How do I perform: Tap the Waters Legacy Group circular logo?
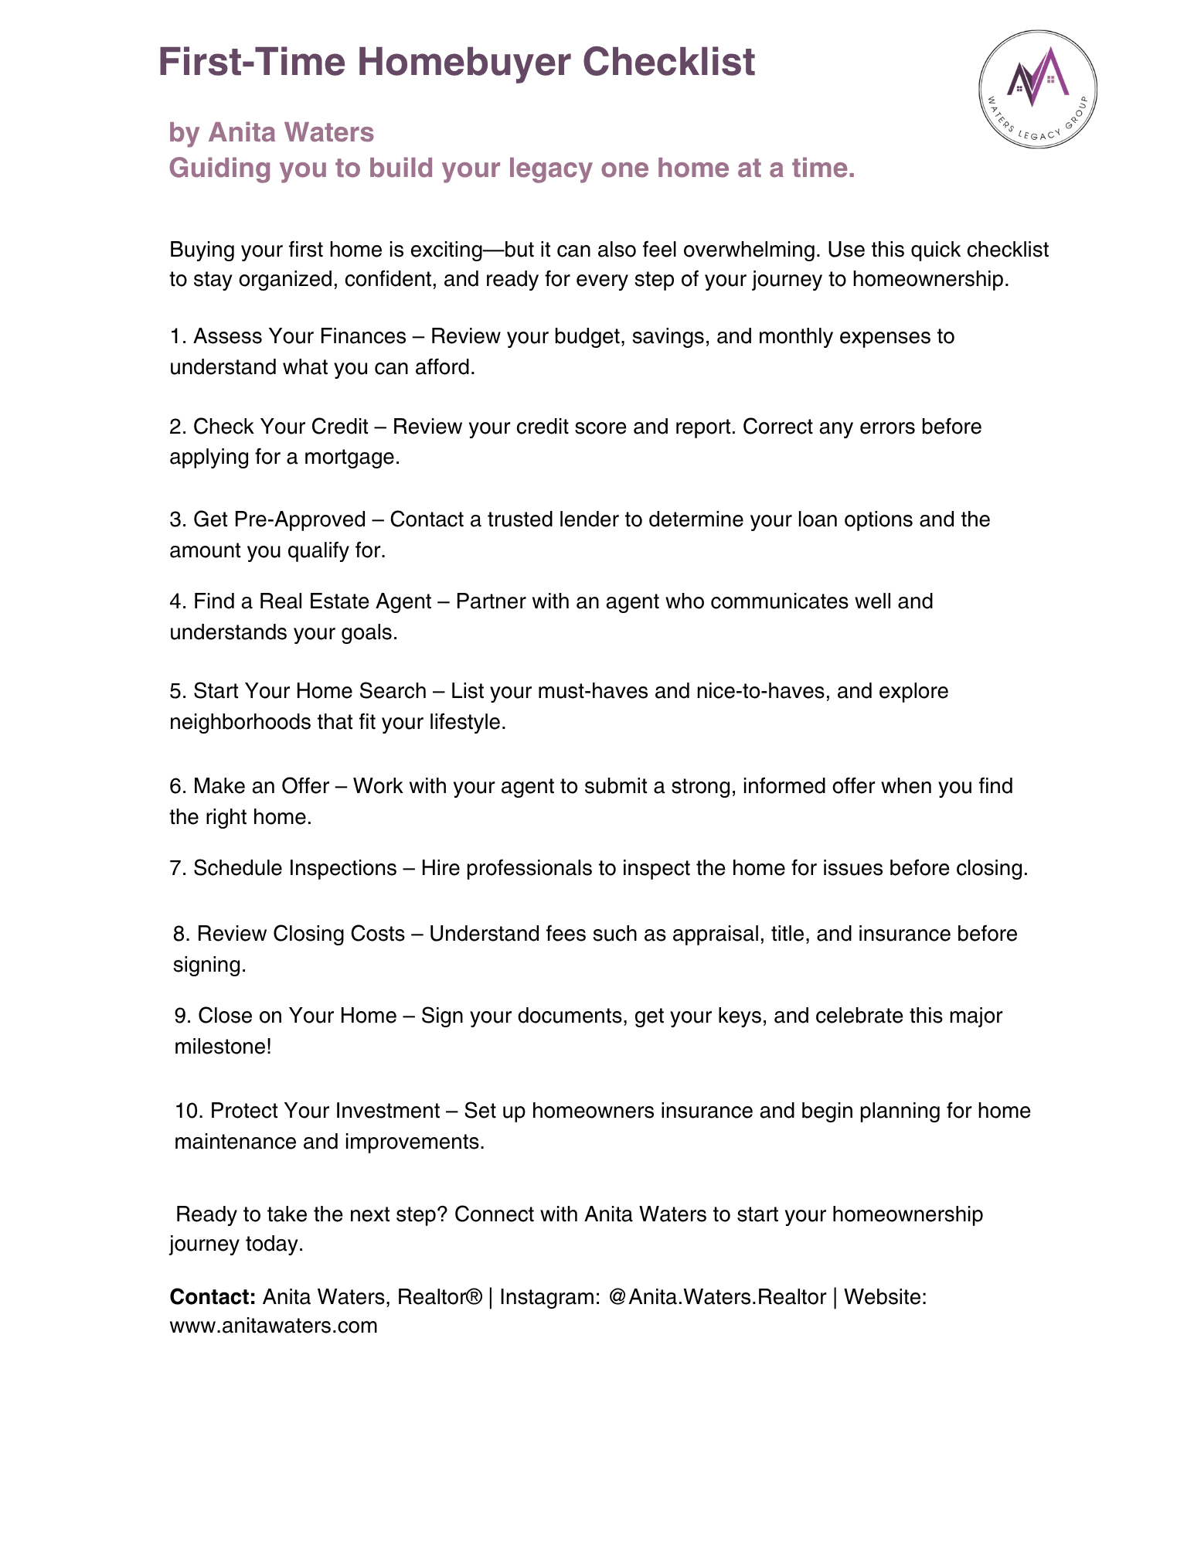point(1037,90)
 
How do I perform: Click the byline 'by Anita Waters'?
point(271,133)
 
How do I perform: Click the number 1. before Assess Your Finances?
point(178,336)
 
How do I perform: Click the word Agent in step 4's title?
point(403,601)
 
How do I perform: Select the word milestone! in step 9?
point(223,1047)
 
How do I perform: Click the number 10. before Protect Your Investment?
point(189,1111)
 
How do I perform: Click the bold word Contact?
point(213,1296)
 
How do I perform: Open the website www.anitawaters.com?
point(274,1326)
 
